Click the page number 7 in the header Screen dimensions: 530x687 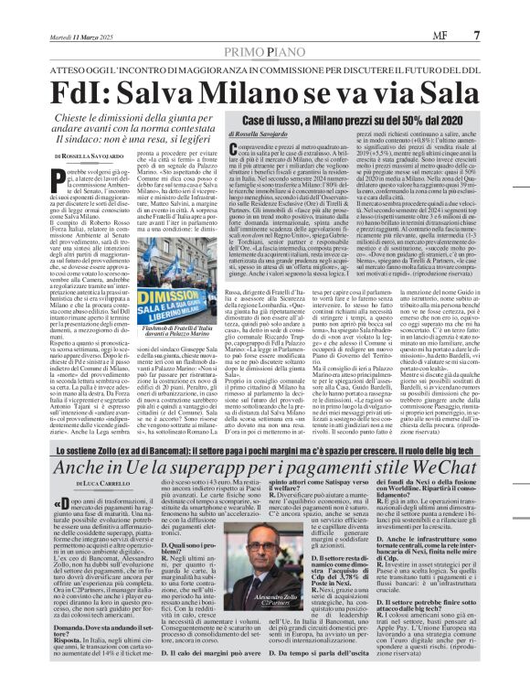[503, 11]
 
